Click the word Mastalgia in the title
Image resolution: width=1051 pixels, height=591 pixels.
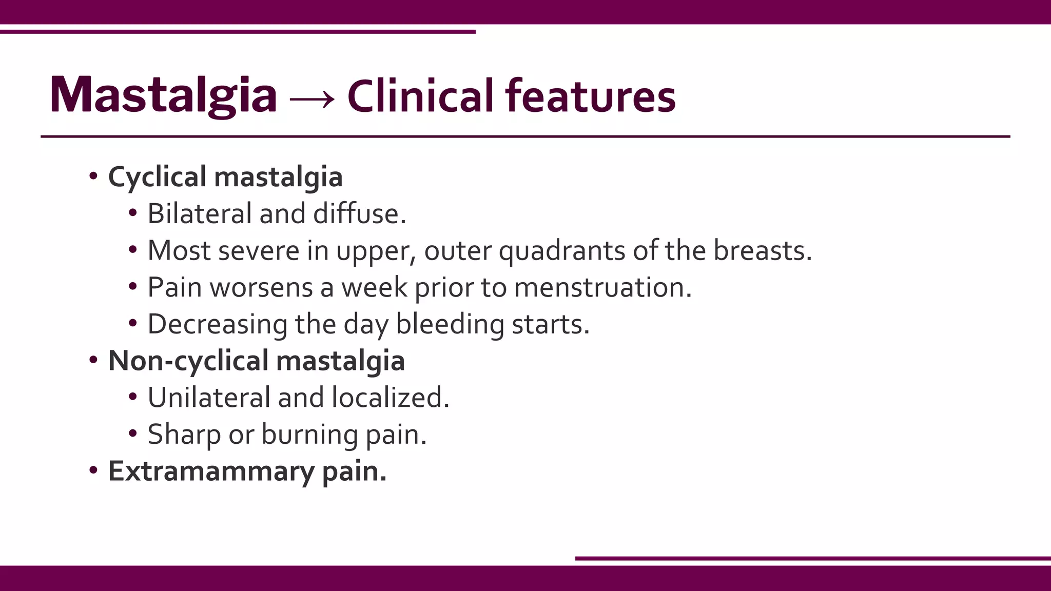[x=163, y=95]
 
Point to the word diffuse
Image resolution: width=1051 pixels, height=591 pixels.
[x=359, y=213]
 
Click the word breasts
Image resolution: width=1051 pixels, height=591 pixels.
[x=762, y=250]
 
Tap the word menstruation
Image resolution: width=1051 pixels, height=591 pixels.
[x=602, y=287]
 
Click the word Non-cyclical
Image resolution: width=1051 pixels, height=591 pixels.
[x=188, y=361]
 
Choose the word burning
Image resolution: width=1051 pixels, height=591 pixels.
[x=309, y=435]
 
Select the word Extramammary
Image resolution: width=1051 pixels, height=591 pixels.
[x=211, y=471]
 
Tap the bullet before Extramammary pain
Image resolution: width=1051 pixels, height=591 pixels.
[x=93, y=470]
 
